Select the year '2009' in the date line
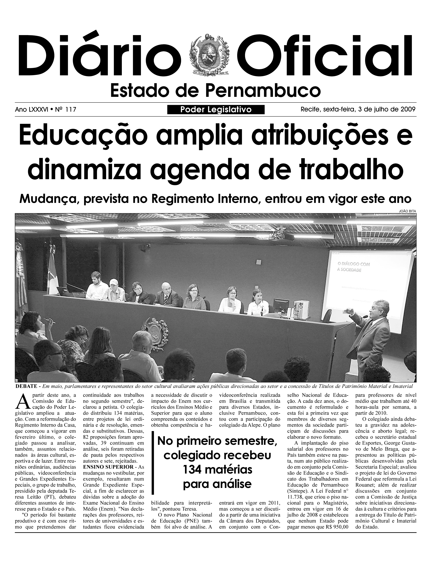click(x=408, y=109)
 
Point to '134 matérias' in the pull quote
click(x=217, y=469)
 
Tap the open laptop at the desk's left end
click(x=63, y=292)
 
